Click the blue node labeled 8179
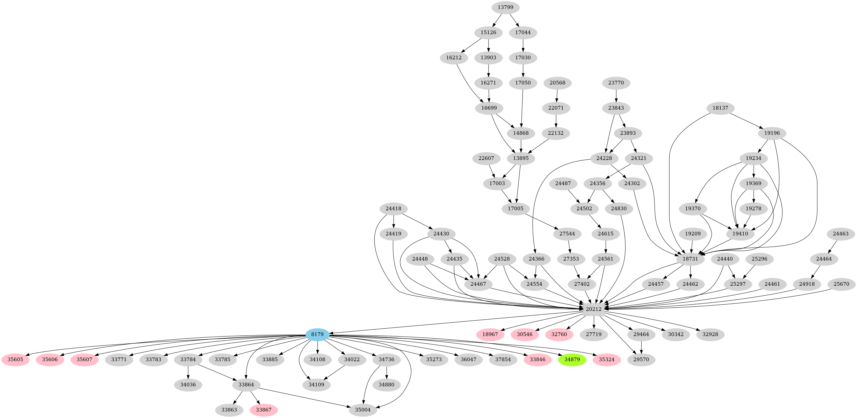click(x=317, y=334)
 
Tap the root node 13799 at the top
click(x=505, y=7)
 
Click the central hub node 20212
click(x=594, y=309)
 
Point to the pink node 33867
click(x=264, y=410)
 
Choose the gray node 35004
click(x=363, y=410)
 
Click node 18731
click(x=690, y=259)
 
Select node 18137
click(x=720, y=108)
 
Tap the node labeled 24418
click(x=394, y=209)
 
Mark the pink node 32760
click(x=559, y=334)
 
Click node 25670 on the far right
click(x=841, y=284)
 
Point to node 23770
click(x=616, y=83)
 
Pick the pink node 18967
click(x=490, y=334)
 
